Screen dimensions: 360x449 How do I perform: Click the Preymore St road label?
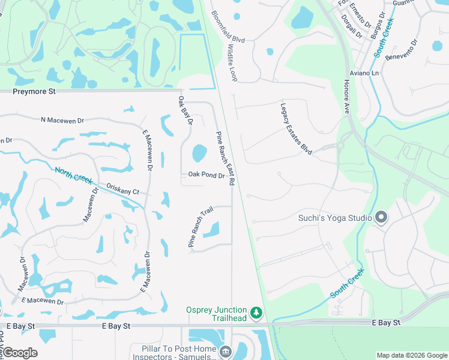[34, 92]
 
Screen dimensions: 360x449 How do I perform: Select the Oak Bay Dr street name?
[185, 110]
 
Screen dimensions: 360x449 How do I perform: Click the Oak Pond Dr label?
[206, 175]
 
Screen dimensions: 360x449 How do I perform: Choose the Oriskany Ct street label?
[122, 189]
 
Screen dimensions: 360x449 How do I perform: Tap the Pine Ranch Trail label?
[200, 227]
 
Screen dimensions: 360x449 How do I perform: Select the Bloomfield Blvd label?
[228, 27]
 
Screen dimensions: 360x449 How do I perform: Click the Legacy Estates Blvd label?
[296, 129]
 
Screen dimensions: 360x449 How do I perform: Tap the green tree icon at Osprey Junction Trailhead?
[256, 313]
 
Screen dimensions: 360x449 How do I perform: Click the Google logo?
[19, 353]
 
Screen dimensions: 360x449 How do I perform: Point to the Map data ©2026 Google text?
[411, 355]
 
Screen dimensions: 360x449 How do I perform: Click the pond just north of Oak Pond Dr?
[199, 153]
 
